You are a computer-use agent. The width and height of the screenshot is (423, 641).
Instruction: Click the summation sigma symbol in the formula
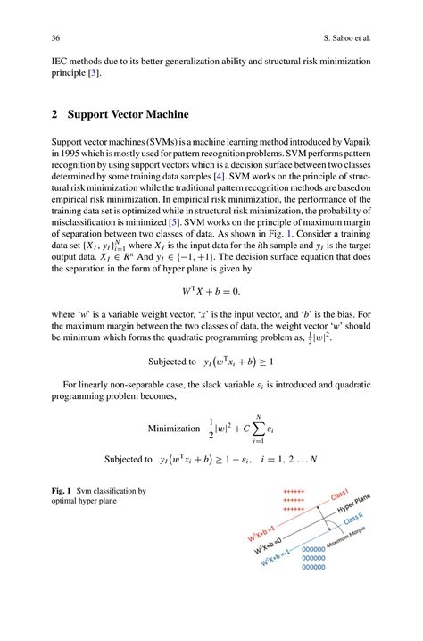click(x=258, y=427)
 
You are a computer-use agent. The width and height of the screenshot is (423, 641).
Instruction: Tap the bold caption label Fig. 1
click(x=62, y=491)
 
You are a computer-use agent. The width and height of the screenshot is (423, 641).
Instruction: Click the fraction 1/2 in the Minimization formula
click(x=211, y=428)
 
